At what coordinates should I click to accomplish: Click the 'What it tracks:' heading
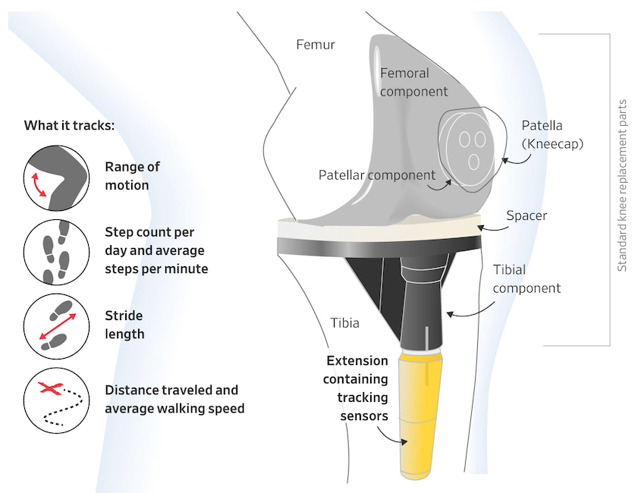point(69,125)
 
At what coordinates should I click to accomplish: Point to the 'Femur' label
point(315,45)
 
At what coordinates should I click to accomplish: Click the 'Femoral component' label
point(413,83)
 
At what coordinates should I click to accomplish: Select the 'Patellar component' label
point(376,175)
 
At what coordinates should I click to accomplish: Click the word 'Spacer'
point(526,215)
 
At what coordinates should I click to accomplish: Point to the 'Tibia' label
point(344,323)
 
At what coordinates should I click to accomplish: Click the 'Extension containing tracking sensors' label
point(357,388)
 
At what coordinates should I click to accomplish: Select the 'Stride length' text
point(124,324)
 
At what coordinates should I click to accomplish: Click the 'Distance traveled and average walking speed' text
point(174,400)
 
